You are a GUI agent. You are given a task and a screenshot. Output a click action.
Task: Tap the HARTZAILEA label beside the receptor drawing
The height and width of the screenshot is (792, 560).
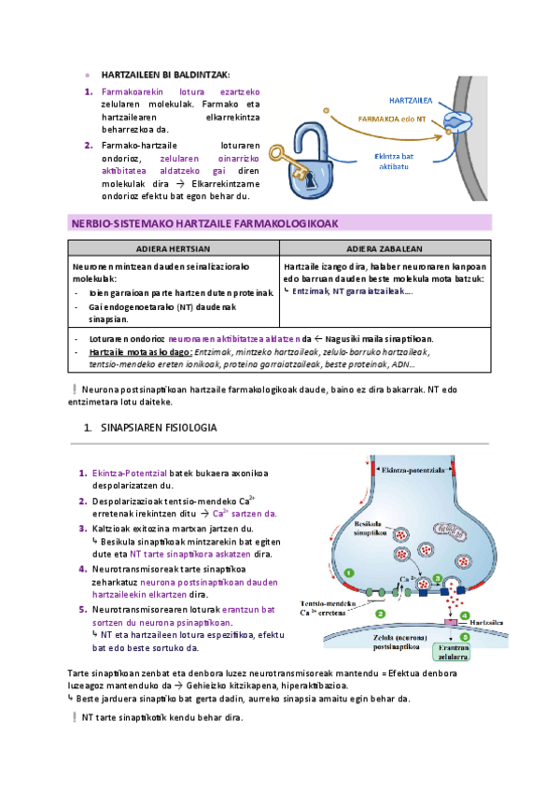coord(408,100)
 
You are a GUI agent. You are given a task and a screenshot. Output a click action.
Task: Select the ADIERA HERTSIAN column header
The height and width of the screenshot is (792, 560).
coord(173,249)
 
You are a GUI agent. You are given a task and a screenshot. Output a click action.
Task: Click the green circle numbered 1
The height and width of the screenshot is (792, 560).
coord(349,573)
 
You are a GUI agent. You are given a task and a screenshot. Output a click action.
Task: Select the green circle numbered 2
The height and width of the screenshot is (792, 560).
coord(382,614)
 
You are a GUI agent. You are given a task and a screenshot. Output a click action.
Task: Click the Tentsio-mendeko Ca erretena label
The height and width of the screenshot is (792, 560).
coord(328,608)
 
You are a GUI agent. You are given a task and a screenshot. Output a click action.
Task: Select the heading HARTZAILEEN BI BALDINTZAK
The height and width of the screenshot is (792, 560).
coord(164,75)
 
